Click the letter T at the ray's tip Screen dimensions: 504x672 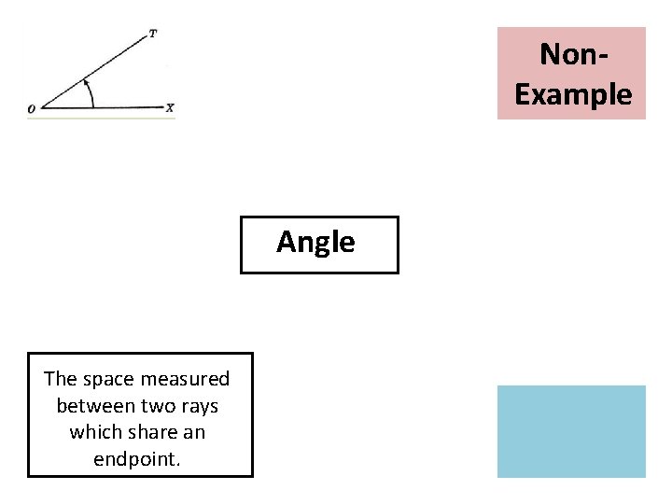point(153,34)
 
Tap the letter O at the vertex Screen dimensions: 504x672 point(32,109)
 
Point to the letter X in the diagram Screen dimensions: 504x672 point(170,108)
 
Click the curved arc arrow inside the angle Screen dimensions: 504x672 point(90,93)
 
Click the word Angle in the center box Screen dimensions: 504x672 point(315,243)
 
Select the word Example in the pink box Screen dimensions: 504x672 point(573,94)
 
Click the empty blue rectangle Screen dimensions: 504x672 point(571,431)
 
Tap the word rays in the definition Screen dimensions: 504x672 point(198,406)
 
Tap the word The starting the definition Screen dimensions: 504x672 point(61,379)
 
